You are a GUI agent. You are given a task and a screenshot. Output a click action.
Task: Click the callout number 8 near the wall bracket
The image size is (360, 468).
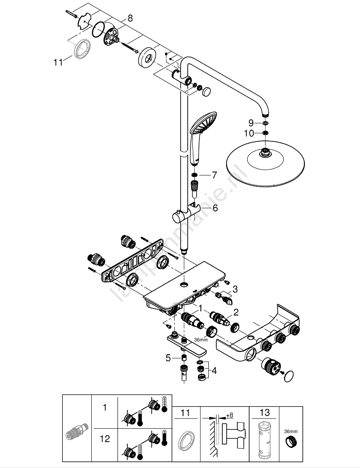click(130, 18)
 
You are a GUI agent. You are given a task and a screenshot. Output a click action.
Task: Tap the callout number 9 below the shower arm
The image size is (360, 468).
click(251, 123)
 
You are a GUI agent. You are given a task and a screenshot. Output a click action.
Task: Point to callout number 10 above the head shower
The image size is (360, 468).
click(250, 133)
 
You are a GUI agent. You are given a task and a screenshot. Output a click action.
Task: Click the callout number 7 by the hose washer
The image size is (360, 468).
click(214, 175)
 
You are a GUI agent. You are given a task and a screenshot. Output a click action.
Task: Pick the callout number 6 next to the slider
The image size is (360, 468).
click(215, 208)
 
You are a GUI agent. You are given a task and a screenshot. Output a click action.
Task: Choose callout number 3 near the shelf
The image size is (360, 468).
click(235, 289)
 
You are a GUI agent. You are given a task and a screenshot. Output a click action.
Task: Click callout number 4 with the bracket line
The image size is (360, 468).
click(214, 371)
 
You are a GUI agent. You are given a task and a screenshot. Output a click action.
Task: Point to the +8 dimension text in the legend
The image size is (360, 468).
click(229, 415)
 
